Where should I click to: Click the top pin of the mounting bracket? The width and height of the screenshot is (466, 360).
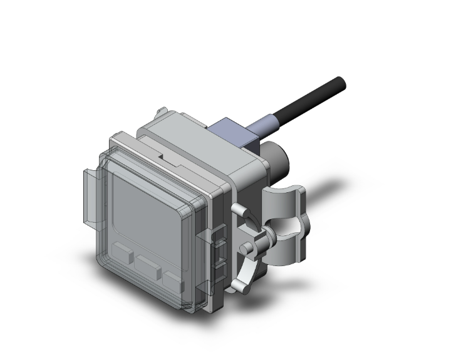click(237, 208)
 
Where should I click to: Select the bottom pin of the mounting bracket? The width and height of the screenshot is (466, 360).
click(237, 286)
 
